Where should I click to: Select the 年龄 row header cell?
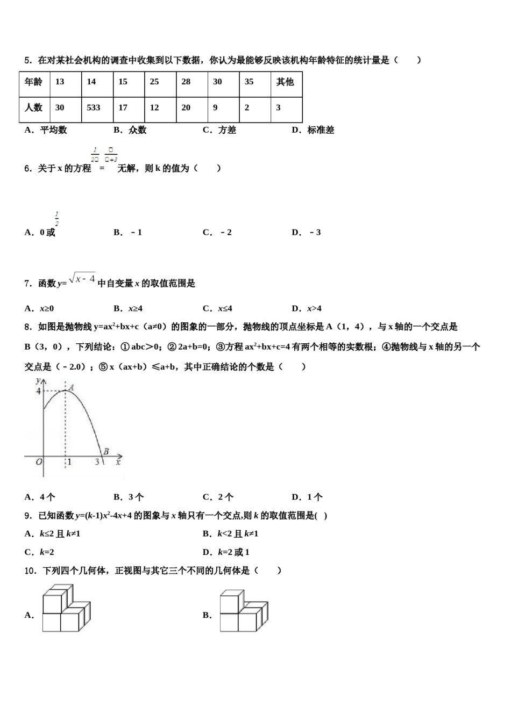coord(34,82)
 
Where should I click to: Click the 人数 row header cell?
coord(34,107)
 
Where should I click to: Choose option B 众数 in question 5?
coord(130,130)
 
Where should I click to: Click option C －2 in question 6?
coord(218,233)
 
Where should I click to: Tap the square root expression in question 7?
coord(83,279)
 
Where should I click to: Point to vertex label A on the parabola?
coord(71,387)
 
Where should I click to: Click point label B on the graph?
coord(106,452)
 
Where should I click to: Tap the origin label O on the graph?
coord(39,461)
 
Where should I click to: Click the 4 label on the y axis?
coord(38,391)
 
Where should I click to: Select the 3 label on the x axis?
coord(97,461)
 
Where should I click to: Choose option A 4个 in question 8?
coord(40,497)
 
